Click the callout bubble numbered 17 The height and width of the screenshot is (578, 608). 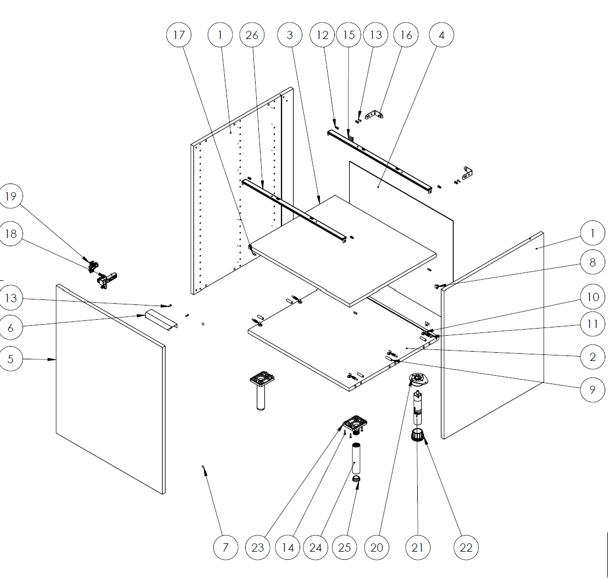[179, 35]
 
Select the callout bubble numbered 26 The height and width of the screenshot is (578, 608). [252, 35]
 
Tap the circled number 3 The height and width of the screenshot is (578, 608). [290, 35]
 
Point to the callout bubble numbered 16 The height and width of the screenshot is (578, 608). [406, 35]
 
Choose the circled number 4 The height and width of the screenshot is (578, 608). [441, 35]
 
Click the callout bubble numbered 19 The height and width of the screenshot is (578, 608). [10, 196]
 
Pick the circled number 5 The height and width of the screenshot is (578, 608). [10, 359]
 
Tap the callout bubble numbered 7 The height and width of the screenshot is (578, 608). [226, 547]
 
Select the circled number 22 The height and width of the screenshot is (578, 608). [466, 547]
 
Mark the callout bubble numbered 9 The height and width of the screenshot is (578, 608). [593, 390]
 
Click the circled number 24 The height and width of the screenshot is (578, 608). [316, 547]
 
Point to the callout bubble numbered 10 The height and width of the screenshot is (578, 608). [593, 297]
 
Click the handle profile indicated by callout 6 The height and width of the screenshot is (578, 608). [161, 320]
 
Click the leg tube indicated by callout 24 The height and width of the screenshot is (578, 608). [356, 458]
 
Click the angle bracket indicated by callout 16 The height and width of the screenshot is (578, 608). [374, 115]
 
